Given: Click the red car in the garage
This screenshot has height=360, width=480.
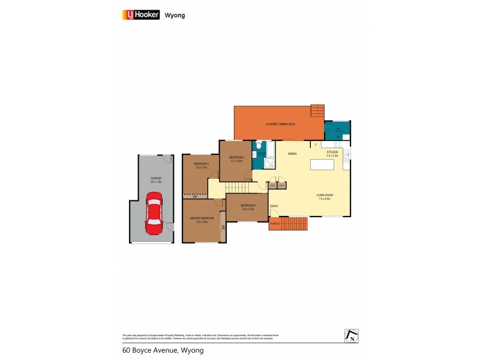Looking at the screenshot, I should coord(154,214).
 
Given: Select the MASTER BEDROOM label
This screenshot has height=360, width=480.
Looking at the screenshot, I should coord(202,218).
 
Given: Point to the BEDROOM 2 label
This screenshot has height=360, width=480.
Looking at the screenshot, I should coord(202,164).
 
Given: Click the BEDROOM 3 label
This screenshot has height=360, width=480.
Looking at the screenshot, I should coord(237,158).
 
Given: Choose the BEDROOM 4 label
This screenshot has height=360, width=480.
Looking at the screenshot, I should coord(248,206).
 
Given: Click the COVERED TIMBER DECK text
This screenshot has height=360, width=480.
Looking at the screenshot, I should coord(281,124).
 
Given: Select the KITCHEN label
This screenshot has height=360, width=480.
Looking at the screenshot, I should coord(332,153).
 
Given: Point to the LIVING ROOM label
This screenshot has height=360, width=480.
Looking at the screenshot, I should coord(325,194).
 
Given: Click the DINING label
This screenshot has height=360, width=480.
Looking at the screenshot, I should coord(292,154).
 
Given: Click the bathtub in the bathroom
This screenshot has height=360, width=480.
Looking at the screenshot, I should coord(269,148).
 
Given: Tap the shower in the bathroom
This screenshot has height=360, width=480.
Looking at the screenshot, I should coord(269,162).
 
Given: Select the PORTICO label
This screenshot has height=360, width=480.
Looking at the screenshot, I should coord(275,224).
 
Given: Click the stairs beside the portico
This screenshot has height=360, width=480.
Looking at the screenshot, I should coord(294,224).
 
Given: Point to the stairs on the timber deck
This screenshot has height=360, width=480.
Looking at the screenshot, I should coord(317,112).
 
